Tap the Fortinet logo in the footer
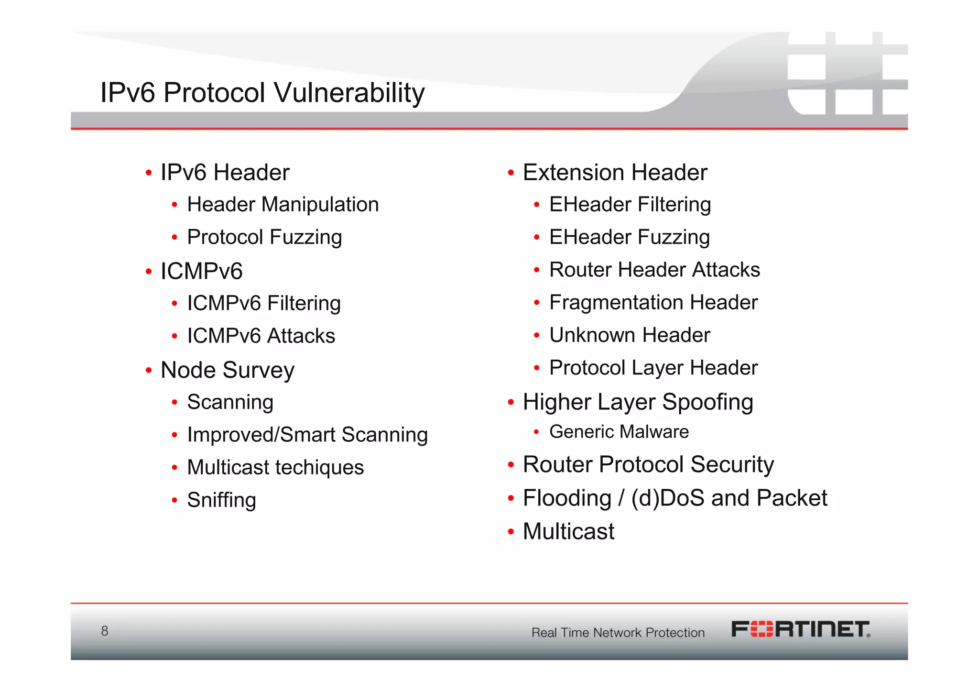[x=801, y=629]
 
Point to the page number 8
[x=105, y=631]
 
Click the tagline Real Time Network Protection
[x=618, y=633]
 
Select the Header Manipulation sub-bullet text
[x=283, y=205]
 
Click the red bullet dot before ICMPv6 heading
[x=149, y=272]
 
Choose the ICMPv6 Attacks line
[x=261, y=336]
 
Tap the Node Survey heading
[x=227, y=370]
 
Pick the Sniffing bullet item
[x=221, y=500]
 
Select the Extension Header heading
[x=615, y=173]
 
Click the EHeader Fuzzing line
[x=629, y=237]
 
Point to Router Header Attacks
[x=654, y=270]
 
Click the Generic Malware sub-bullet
[x=619, y=432]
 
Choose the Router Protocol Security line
[x=648, y=464]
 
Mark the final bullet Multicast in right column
[x=568, y=531]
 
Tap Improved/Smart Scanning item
[x=307, y=435]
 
